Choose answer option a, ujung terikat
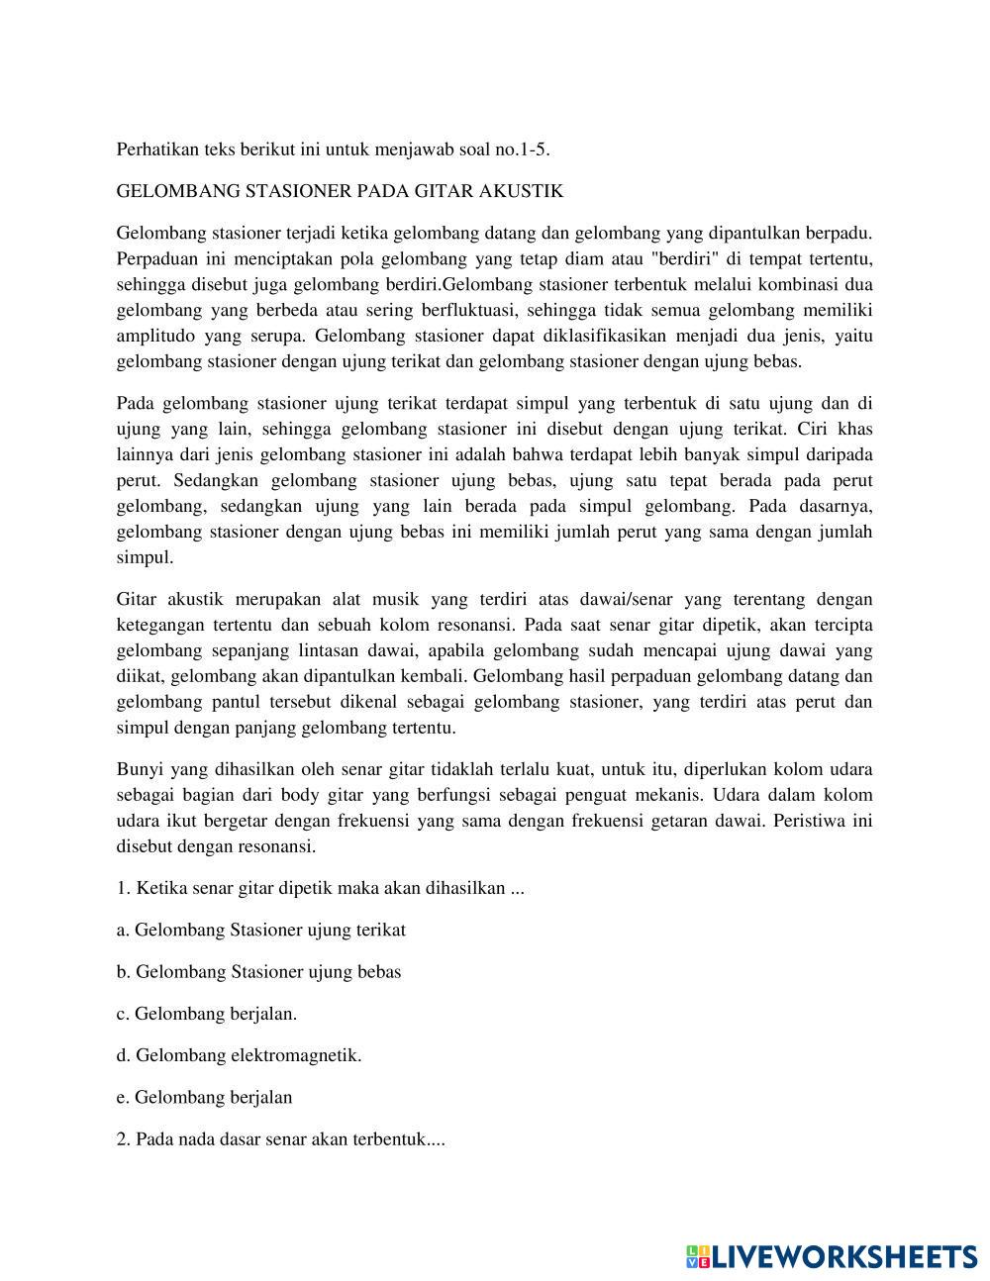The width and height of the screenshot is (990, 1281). (261, 930)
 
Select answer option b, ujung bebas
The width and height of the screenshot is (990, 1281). (259, 971)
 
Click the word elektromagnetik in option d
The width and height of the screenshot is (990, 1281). (295, 1055)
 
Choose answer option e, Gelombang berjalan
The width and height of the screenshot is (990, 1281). (205, 1097)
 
